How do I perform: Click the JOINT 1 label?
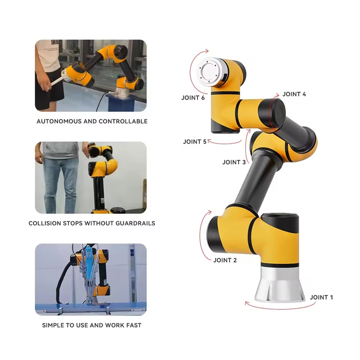point(321,297)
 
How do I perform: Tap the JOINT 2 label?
point(225,260)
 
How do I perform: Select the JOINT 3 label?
point(234,162)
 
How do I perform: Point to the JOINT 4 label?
point(294,94)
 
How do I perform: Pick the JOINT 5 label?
point(195,142)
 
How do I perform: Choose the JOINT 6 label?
point(193,98)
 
